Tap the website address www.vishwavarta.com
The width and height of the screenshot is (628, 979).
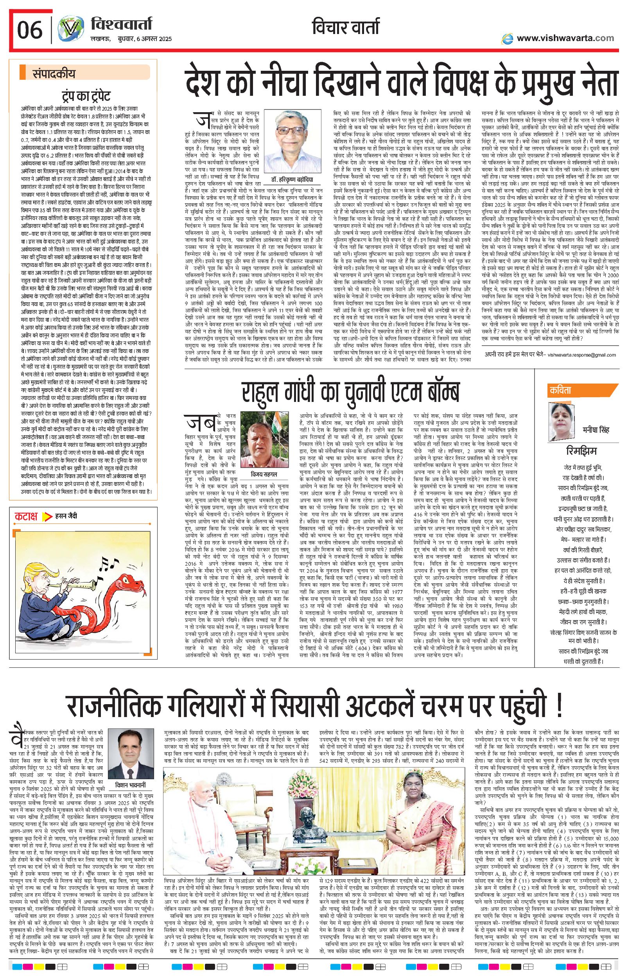point(565,38)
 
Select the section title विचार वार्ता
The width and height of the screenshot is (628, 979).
point(345,28)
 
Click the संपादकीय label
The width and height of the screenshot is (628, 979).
point(54,74)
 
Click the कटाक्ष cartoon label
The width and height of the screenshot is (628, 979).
point(27,516)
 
